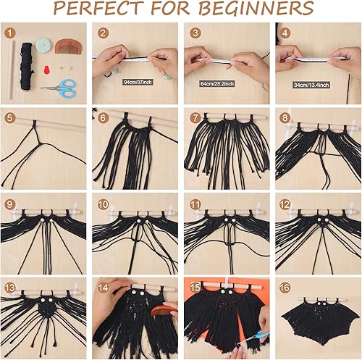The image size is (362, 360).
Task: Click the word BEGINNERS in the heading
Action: click(x=255, y=9)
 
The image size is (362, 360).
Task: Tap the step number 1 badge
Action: click(x=9, y=33)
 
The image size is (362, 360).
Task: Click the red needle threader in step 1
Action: click(x=49, y=70)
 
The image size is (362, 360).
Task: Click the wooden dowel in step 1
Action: click(x=13, y=72)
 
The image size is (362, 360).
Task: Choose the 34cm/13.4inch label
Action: click(x=311, y=83)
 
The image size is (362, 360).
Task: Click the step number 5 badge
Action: click(x=9, y=117)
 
